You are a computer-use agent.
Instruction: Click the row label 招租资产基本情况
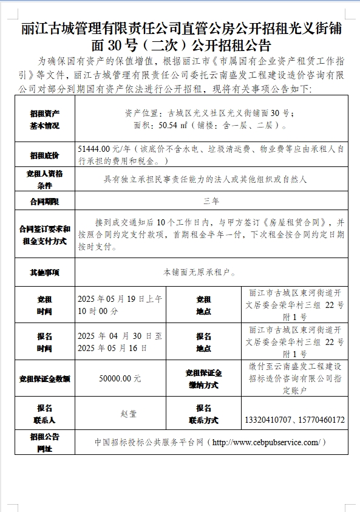(44, 119)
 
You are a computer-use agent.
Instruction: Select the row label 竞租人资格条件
(44, 179)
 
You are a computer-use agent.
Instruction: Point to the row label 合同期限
(44, 201)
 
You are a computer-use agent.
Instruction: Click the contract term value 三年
(211, 200)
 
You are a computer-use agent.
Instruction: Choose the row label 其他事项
(44, 273)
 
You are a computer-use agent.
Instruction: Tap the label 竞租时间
(44, 305)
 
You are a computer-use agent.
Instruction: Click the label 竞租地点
(203, 305)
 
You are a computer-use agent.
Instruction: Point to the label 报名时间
(44, 342)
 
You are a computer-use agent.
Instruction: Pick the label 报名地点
(203, 342)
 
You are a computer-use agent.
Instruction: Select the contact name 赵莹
(129, 414)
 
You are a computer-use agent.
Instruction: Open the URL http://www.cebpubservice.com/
(266, 442)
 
